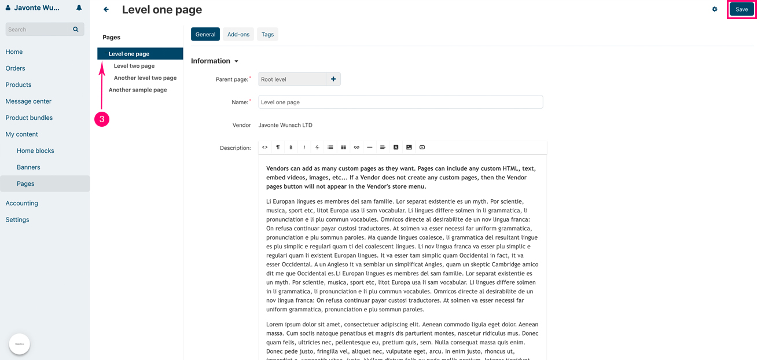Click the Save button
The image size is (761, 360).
coord(741,9)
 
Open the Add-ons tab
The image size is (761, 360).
coord(238,35)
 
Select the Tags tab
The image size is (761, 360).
coord(267,35)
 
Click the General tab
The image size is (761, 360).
coord(205,35)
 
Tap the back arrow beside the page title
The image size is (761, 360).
coord(106,9)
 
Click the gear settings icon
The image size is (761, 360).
coord(715,9)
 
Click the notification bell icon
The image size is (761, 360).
coord(79,8)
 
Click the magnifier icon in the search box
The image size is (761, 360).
coord(76,30)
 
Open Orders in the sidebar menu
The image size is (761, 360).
coord(16,68)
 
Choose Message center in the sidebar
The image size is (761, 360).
coord(28,101)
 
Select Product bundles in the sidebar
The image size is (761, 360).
coord(29,117)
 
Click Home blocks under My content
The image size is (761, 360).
coord(35,150)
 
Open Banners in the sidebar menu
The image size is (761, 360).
coord(28,167)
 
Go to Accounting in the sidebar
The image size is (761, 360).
coord(22,203)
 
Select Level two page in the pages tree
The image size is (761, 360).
coord(134,66)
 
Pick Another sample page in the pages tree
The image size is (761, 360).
coord(138,90)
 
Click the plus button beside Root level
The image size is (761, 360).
coord(333,79)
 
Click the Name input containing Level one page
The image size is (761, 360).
coord(400,102)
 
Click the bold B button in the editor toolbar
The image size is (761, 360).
coord(291,148)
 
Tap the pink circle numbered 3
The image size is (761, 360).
coord(102,119)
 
